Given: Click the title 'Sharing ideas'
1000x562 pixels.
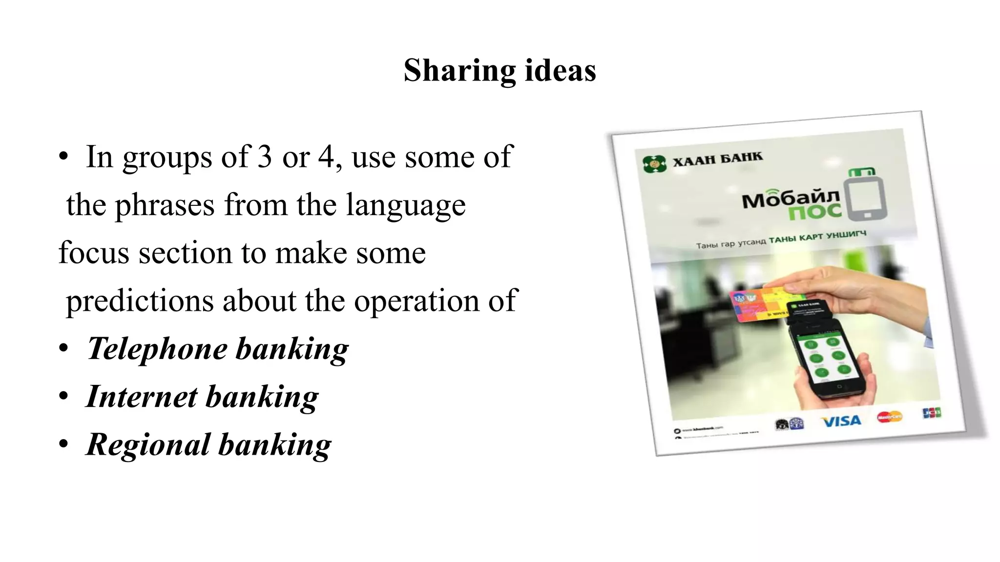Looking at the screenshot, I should (x=500, y=71).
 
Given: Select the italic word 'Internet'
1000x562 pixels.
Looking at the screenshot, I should (x=142, y=397).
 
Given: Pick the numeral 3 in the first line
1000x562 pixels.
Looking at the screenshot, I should (x=265, y=157).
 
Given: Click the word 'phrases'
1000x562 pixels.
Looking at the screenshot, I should (x=165, y=205).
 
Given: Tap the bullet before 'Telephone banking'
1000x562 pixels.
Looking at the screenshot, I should (x=63, y=349).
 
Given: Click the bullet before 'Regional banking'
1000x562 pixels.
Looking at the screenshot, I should (x=63, y=444).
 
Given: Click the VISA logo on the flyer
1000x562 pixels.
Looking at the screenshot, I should (x=841, y=421).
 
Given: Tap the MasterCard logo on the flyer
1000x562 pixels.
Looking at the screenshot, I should (x=889, y=417).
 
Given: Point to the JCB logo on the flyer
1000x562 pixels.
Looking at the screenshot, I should (x=932, y=413).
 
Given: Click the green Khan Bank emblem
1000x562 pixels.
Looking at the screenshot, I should (x=654, y=164).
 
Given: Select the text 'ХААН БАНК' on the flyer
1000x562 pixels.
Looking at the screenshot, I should (x=717, y=159).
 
